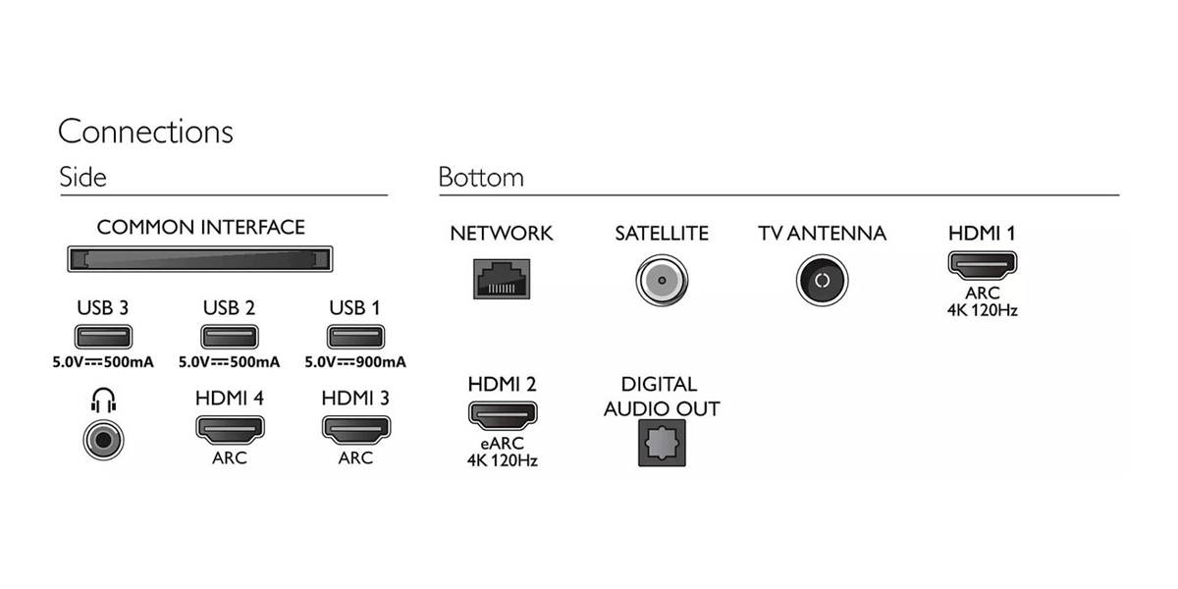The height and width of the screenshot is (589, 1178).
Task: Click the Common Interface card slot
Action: pos(200,259)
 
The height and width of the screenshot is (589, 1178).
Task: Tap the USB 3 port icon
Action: pos(103,337)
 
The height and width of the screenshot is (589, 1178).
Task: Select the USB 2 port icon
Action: pos(230,337)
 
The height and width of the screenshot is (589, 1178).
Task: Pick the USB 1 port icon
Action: pos(355,337)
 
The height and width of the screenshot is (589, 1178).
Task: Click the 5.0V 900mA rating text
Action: pos(355,362)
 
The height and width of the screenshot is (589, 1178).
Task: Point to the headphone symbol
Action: pos(103,401)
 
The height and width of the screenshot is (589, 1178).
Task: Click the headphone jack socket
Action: pos(103,440)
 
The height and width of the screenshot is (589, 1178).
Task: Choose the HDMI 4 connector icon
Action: pos(230,429)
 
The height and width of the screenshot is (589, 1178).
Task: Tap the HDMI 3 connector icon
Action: pos(356,429)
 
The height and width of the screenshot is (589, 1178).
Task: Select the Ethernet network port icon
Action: pos(502,279)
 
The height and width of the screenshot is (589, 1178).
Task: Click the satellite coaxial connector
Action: pos(662,281)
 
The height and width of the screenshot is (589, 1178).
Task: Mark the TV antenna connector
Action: pos(822,281)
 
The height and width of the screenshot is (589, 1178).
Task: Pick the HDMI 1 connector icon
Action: pos(983,264)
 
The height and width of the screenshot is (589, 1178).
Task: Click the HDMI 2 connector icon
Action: pos(503,415)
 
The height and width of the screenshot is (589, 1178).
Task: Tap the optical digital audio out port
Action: pos(662,443)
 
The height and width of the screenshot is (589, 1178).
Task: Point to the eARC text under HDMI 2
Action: pos(503,444)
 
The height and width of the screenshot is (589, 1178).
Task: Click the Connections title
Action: pos(145,132)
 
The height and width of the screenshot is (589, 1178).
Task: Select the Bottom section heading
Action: pos(481,178)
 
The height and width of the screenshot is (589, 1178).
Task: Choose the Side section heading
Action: pos(82,177)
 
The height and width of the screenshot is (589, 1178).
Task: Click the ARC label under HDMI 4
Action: pos(230,458)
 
